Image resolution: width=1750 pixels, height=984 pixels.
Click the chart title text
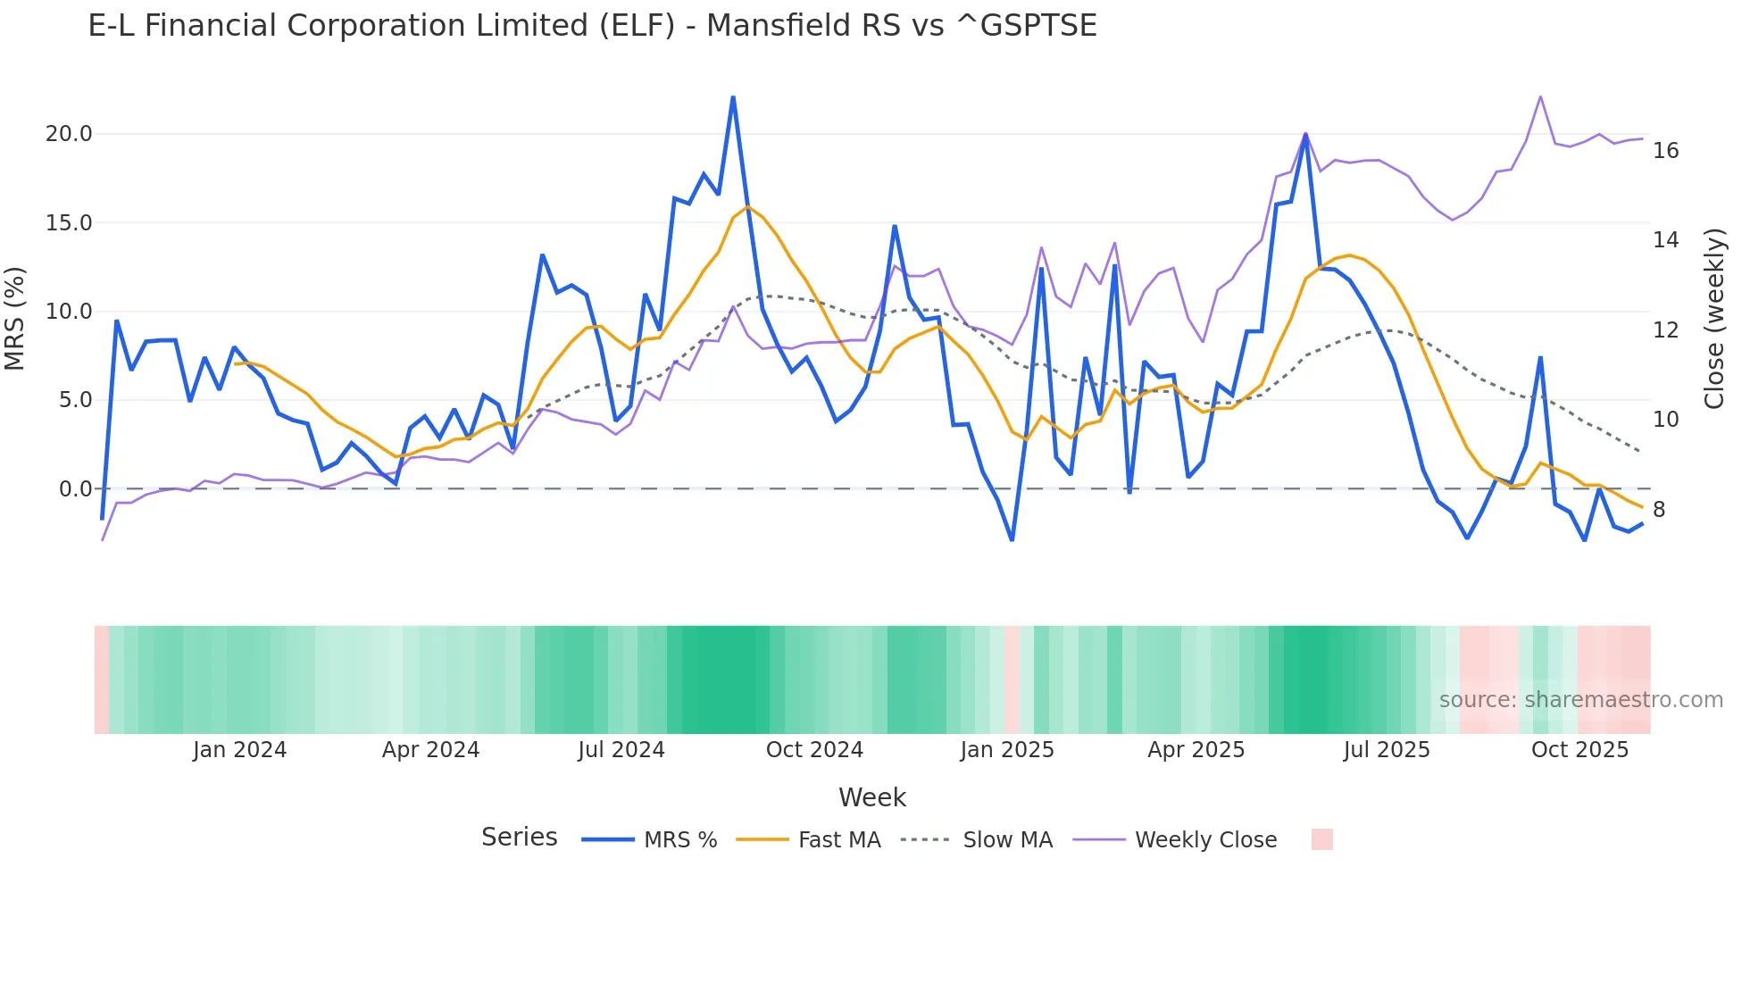coord(592,26)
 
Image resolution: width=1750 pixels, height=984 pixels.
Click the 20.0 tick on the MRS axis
coord(69,134)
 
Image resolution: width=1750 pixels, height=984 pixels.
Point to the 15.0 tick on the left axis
coord(69,223)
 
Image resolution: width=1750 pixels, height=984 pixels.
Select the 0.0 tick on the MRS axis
coord(75,489)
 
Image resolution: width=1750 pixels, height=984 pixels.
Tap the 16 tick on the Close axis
coord(1665,151)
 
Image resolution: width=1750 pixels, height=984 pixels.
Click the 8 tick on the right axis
coord(1659,510)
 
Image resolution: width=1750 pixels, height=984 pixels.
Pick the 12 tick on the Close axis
coord(1665,330)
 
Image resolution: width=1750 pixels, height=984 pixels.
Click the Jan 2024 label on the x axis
coord(239,750)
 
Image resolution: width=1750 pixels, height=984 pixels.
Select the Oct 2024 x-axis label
coord(814,750)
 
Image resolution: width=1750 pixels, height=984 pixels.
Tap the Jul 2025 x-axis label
coord(1387,750)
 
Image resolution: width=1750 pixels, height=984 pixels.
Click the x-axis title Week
coord(871,797)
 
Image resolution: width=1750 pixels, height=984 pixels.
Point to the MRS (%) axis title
coord(15,318)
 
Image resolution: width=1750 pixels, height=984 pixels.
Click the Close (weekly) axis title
coord(1714,319)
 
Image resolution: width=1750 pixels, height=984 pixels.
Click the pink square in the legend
coord(1321,839)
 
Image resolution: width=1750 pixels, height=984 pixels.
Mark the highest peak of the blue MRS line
coord(733,97)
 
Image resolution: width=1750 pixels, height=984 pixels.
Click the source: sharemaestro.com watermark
coord(1580,700)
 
